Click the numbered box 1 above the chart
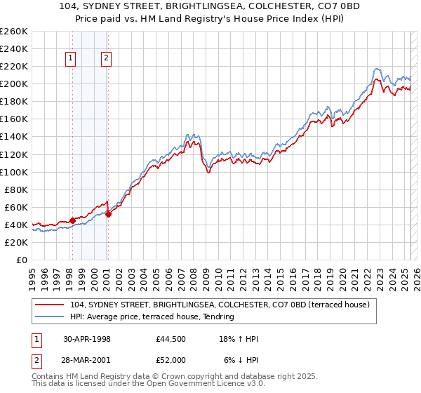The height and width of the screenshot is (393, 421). (72, 59)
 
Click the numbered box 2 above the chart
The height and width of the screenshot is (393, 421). (106, 59)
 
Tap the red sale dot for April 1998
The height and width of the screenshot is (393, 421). (72, 220)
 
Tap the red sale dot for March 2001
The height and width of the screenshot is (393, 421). (109, 214)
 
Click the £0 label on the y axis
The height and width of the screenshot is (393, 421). (21, 260)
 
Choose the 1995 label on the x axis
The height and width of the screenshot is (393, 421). (32, 274)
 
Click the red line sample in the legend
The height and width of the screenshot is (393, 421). (50, 304)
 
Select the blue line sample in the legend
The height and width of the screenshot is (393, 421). (50, 317)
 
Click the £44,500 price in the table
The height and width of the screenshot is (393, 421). (171, 338)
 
